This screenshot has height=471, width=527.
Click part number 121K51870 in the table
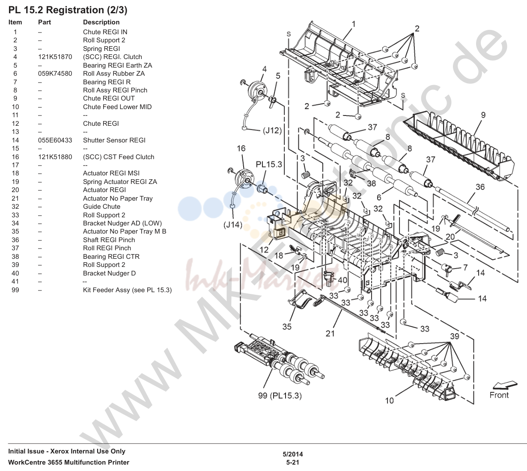55,57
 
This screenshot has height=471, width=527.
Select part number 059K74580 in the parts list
55,74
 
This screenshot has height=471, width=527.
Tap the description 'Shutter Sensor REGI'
114,140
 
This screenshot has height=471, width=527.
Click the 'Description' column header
101,22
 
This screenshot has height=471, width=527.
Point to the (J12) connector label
272,130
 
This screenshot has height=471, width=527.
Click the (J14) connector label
233,225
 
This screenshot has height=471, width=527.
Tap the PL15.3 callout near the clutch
269,164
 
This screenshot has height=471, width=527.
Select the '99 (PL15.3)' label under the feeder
280,395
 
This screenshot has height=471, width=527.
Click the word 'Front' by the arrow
499,395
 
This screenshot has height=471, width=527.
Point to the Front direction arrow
505,385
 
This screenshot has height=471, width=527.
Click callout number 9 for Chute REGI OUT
483,115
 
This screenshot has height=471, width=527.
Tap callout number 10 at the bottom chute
389,400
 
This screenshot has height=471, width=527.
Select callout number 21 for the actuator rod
330,333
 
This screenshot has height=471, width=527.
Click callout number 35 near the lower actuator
287,326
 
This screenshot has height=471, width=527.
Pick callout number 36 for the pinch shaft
480,187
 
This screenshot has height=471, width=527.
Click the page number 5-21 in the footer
293,462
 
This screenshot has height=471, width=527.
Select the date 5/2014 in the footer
293,454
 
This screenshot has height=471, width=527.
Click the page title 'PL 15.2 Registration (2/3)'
68,10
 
